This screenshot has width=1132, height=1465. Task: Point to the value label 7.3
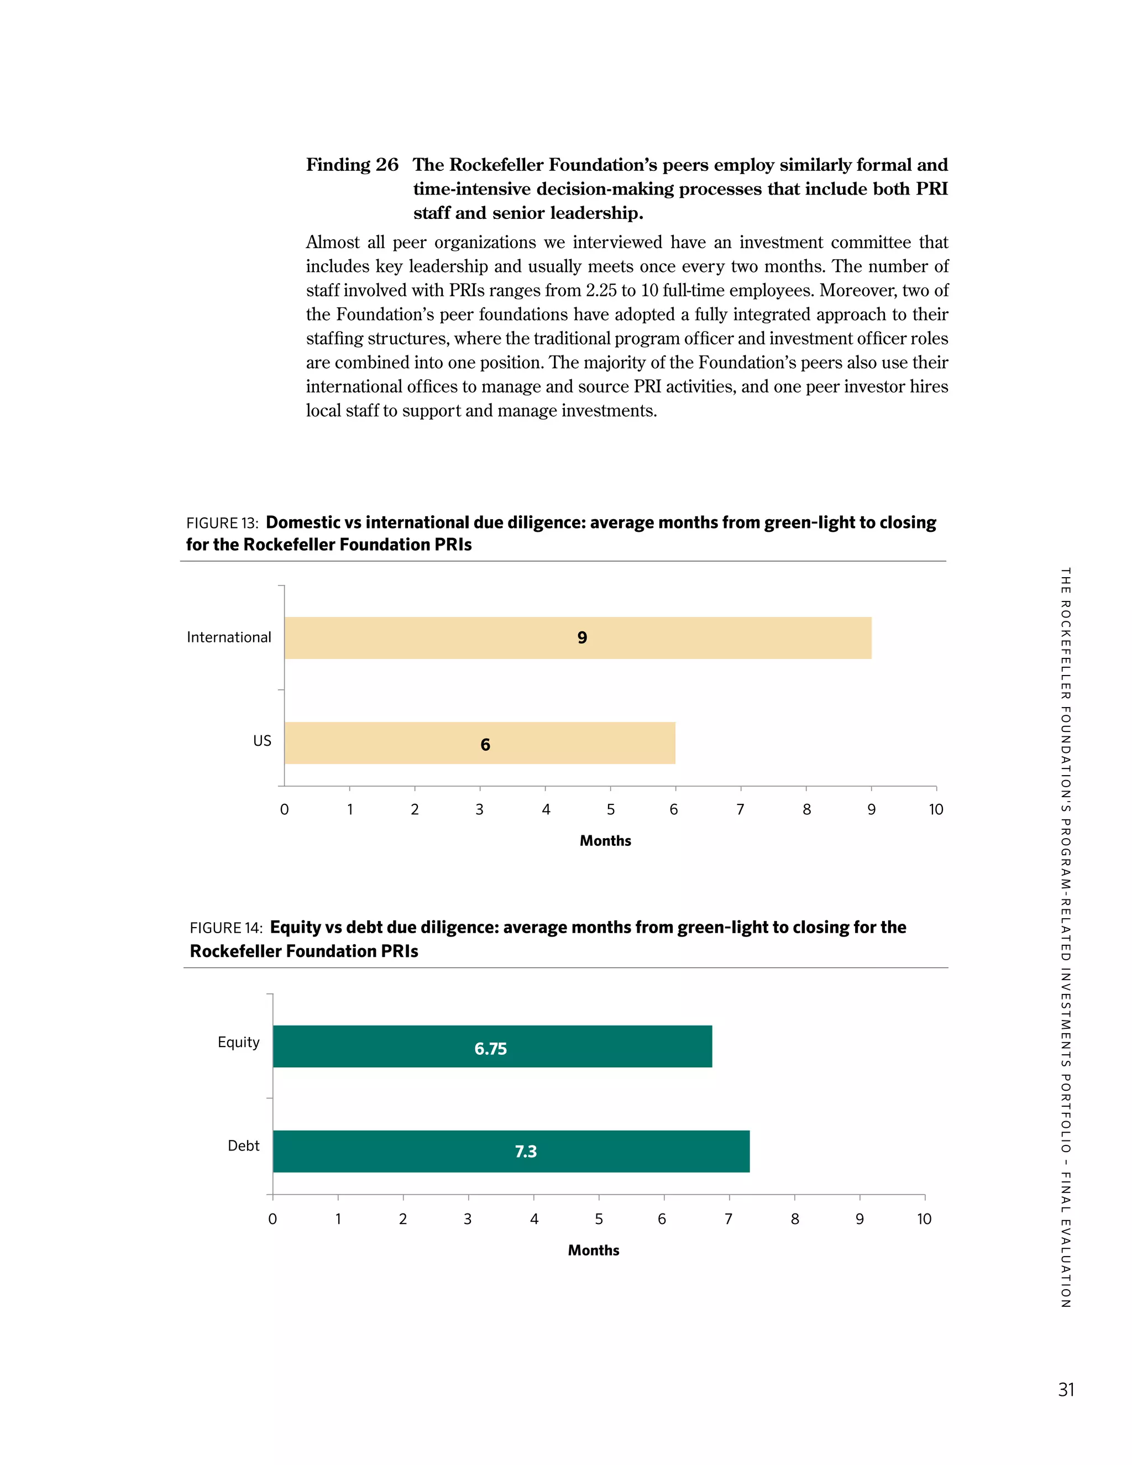pos(525,1152)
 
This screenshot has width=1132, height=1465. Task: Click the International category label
pos(229,637)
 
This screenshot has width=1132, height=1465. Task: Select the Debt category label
pos(243,1145)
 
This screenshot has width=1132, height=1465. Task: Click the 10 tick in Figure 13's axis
pos(936,810)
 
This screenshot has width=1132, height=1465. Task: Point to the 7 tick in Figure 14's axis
pos(729,1219)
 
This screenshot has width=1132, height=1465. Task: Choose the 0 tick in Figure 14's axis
pos(272,1219)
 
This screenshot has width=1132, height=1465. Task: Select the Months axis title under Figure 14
pos(593,1251)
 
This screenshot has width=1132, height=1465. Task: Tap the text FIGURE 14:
pos(226,928)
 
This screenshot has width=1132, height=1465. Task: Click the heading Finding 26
pos(352,165)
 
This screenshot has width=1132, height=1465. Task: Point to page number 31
pos(1066,1390)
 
